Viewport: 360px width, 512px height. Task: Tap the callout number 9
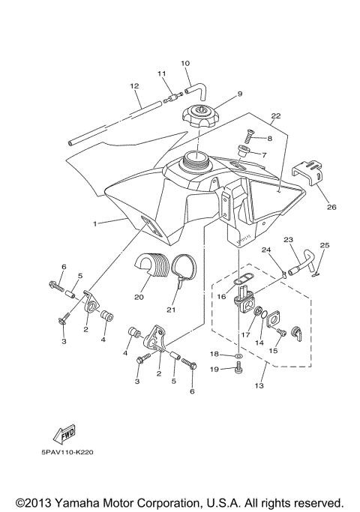tap(219, 94)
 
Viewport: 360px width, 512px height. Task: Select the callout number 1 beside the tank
tap(95, 223)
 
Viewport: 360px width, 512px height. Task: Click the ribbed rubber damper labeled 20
tap(149, 269)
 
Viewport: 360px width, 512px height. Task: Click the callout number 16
tap(222, 296)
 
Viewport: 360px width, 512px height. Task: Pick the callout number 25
tap(325, 245)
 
